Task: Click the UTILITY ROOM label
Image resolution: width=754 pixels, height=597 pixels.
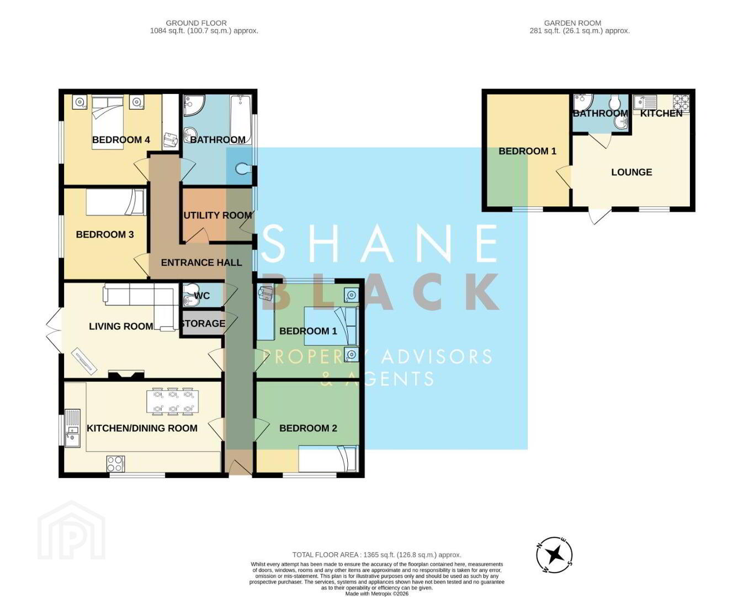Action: pyautogui.click(x=217, y=215)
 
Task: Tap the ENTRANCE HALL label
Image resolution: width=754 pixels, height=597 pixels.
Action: pyautogui.click(x=201, y=263)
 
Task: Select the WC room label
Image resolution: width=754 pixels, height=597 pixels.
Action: pyautogui.click(x=202, y=296)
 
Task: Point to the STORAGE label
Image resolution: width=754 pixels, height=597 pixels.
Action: pyautogui.click(x=203, y=323)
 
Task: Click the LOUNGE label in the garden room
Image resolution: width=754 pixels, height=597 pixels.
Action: pyautogui.click(x=631, y=172)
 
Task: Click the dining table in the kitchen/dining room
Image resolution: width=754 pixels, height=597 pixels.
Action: pyautogui.click(x=172, y=401)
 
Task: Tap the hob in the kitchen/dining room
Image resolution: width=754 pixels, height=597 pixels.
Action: pyautogui.click(x=115, y=463)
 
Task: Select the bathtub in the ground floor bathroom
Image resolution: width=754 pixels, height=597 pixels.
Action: pyautogui.click(x=241, y=120)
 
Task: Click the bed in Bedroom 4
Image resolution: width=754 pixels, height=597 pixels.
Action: pyautogui.click(x=108, y=123)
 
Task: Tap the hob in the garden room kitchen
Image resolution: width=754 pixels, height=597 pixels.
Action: pyautogui.click(x=681, y=103)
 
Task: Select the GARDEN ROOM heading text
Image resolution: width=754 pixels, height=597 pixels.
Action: pyautogui.click(x=572, y=23)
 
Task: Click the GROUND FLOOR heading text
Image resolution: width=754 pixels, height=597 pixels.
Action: pyautogui.click(x=196, y=23)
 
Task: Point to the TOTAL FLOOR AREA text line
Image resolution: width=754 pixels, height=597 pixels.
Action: pyautogui.click(x=376, y=554)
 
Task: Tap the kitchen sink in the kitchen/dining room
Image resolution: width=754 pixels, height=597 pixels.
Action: pyautogui.click(x=72, y=428)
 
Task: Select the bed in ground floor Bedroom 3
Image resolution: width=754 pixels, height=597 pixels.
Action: pyautogui.click(x=115, y=202)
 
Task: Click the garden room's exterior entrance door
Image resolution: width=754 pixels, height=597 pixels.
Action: pyautogui.click(x=599, y=216)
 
